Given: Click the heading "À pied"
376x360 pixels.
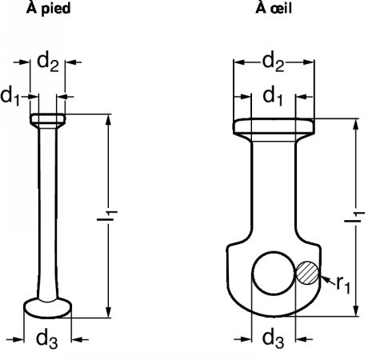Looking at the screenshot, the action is [x=48, y=8].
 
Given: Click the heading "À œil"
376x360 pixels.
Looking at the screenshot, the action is [x=274, y=8].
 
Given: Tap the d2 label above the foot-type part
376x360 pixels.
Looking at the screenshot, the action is [x=48, y=62].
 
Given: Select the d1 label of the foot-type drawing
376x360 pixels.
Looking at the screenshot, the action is [x=10, y=97].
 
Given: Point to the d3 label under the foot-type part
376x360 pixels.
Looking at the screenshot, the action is [x=47, y=339].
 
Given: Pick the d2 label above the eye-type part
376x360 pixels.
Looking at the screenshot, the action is [x=274, y=62].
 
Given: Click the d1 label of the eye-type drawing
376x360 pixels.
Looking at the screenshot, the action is [x=273, y=97].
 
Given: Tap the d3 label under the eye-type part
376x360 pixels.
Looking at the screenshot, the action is [x=273, y=339].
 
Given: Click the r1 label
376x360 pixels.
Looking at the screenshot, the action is [x=343, y=285].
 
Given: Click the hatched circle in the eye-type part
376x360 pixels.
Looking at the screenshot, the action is [x=307, y=273].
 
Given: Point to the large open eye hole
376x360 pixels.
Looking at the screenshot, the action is [x=274, y=273].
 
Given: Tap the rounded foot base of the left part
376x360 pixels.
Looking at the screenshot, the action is [x=48, y=308].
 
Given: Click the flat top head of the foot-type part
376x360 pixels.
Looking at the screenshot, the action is [x=47, y=121].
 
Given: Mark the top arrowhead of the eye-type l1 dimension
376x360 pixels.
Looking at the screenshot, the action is [x=356, y=125].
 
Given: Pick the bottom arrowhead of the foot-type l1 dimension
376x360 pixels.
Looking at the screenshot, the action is [x=108, y=312].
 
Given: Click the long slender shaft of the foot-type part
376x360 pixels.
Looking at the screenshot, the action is [x=47, y=214].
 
